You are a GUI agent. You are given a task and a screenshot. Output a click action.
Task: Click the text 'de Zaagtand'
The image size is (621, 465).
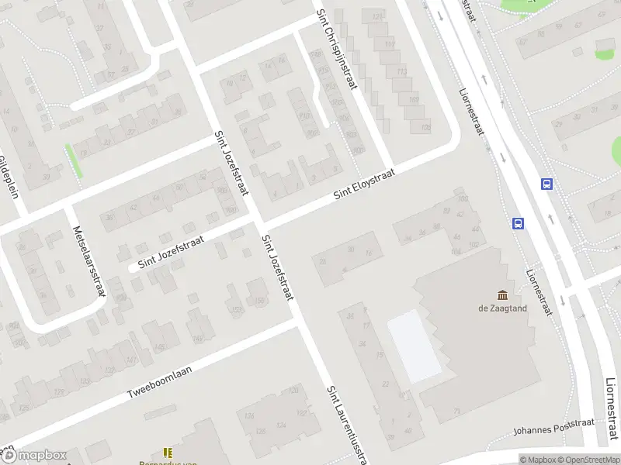[x=503, y=308]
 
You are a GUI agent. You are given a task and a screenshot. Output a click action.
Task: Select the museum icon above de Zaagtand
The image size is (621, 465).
[x=503, y=294]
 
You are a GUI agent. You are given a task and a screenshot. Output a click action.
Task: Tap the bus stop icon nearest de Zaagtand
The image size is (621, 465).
[x=518, y=223]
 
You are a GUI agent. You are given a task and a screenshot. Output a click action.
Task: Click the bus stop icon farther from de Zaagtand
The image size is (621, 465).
[x=547, y=184]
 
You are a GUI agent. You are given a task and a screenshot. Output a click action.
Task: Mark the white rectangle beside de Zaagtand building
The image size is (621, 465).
[x=415, y=346]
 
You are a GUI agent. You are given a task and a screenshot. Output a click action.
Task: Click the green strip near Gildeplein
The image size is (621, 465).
[x=75, y=160]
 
